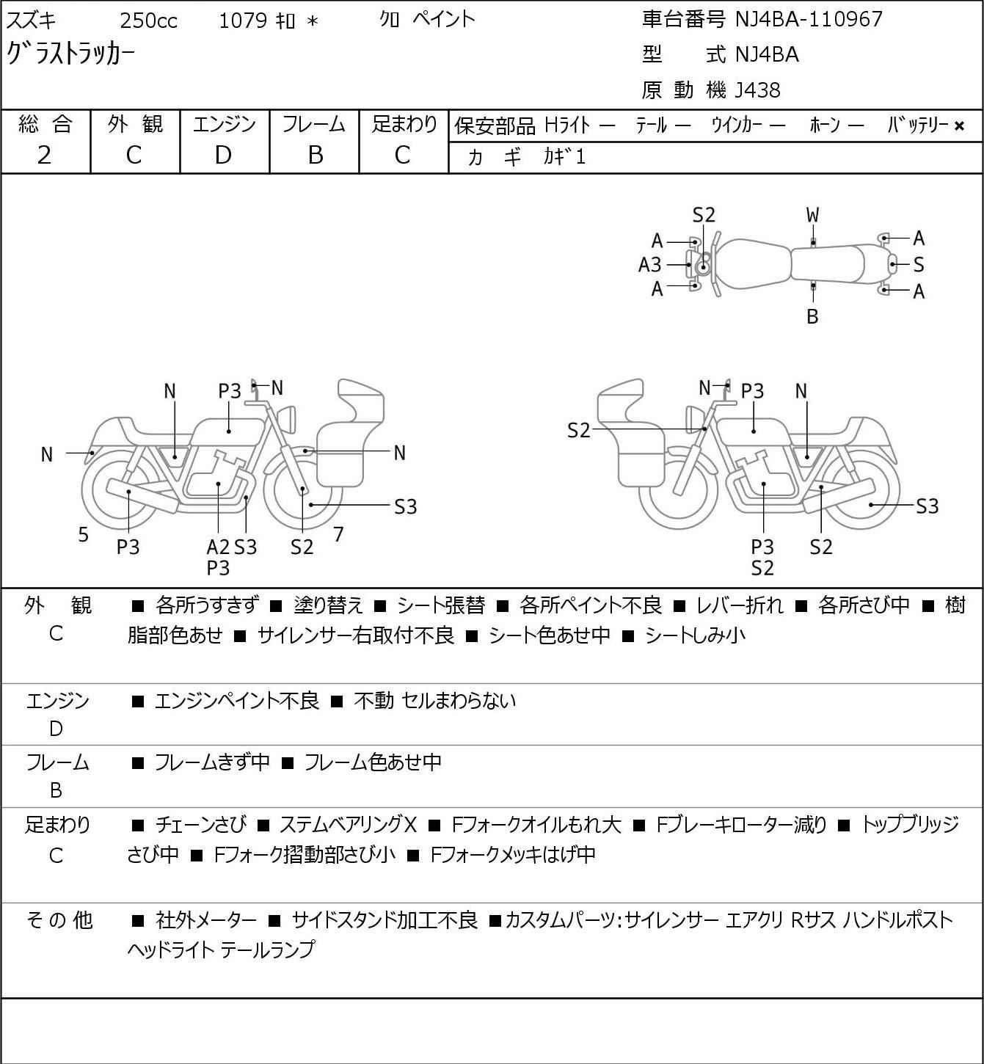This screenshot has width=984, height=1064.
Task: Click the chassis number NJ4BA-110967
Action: [x=809, y=19]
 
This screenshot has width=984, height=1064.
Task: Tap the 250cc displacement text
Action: [x=148, y=21]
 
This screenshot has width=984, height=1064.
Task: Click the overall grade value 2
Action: [x=44, y=155]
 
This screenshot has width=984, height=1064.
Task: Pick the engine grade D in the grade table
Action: [x=223, y=155]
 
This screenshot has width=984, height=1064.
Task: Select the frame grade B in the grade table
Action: [x=315, y=155]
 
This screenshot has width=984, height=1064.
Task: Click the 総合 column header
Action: [x=45, y=125]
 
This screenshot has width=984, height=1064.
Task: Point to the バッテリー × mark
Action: [x=958, y=126]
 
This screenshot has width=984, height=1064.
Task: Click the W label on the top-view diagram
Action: [x=812, y=215]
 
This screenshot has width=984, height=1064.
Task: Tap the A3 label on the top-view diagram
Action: [x=649, y=264]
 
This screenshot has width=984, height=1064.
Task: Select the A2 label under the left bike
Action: [x=218, y=547]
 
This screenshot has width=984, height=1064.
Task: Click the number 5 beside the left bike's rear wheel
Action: [x=84, y=535]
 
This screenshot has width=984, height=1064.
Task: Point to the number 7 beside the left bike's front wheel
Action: [x=338, y=534]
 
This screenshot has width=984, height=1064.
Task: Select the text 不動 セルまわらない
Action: [x=434, y=701]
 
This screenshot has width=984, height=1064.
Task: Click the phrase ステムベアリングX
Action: [x=348, y=825]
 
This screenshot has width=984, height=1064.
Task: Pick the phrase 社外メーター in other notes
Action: [x=206, y=920]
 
